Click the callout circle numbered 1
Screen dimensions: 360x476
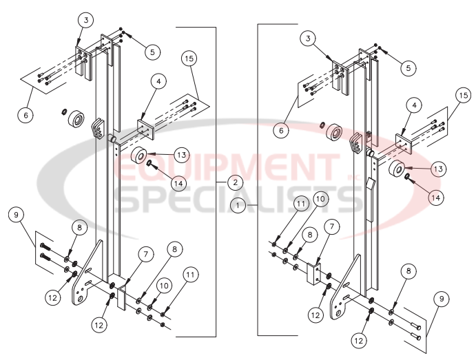coord(238,205)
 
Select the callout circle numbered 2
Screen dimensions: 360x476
coord(235,182)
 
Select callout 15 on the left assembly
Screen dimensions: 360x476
coord(190,59)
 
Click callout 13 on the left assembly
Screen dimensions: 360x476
coord(180,153)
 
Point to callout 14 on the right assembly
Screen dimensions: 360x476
coord(435,197)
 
